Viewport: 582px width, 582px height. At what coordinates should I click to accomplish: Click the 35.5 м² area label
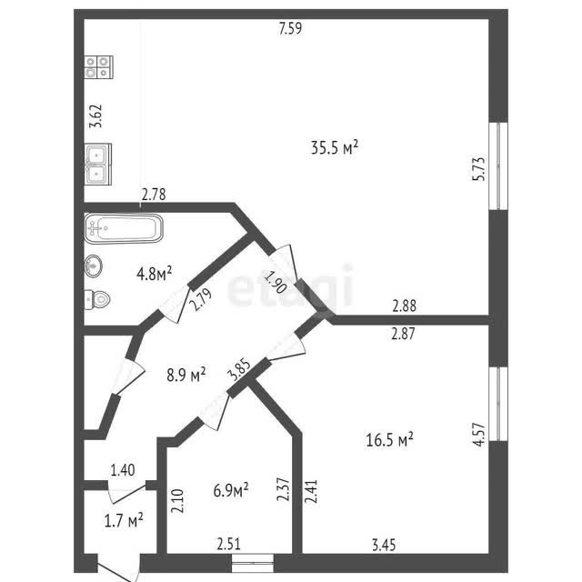[x=335, y=147]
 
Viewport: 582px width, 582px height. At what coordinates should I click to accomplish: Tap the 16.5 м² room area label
[x=390, y=440]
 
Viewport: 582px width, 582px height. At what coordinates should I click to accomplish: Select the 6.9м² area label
[x=231, y=490]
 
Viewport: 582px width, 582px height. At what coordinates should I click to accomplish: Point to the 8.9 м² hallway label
[x=186, y=375]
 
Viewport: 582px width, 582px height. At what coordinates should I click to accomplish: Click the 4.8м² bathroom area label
[x=154, y=274]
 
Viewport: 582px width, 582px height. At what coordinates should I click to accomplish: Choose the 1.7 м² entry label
[x=124, y=520]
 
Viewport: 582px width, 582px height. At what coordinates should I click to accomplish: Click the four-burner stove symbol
[x=98, y=67]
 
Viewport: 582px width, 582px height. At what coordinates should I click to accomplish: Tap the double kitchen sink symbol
[x=98, y=164]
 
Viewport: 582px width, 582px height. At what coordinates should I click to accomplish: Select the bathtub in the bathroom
[x=124, y=228]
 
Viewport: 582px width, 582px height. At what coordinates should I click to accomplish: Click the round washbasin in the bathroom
[x=93, y=266]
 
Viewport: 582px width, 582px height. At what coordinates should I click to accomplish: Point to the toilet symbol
[x=97, y=299]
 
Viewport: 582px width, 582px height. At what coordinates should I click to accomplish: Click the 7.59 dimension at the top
[x=291, y=28]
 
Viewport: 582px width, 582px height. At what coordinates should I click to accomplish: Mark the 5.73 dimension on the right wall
[x=479, y=169]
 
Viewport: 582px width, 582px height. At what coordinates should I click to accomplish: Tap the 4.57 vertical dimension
[x=479, y=435]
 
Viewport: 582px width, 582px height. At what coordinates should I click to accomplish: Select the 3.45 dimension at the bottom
[x=384, y=546]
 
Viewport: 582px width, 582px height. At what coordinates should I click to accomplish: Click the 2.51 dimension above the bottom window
[x=228, y=545]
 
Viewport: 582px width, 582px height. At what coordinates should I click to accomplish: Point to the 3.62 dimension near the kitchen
[x=95, y=116]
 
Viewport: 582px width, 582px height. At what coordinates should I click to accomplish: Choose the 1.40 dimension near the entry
[x=123, y=470]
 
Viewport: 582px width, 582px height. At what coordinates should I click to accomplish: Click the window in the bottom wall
[x=253, y=563]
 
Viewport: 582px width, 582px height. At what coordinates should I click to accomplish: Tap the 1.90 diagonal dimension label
[x=276, y=283]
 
